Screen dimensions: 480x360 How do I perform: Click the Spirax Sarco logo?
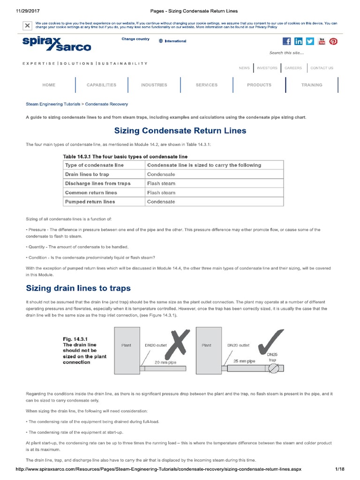tap(57, 44)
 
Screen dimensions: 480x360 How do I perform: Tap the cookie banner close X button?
tap(28, 25)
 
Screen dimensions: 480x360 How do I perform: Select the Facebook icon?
tap(286, 41)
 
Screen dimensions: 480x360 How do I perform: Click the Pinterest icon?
tap(333, 41)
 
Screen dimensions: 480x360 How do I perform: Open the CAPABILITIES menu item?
tap(101, 85)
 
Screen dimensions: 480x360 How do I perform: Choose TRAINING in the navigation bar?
tap(312, 85)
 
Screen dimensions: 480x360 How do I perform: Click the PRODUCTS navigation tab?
tap(259, 85)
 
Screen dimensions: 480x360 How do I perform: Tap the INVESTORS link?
tap(267, 68)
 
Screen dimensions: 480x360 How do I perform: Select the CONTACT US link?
tap(322, 68)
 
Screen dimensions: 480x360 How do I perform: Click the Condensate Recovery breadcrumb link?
tap(106, 104)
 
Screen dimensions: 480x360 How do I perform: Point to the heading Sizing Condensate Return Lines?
tap(180, 131)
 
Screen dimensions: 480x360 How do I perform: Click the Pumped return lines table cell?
tap(90, 202)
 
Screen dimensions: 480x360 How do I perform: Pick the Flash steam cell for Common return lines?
tap(161, 193)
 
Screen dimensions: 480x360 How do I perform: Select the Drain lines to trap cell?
tap(87, 174)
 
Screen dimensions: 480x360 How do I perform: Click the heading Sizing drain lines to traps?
tap(78, 288)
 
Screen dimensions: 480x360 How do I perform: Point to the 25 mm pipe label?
tap(245, 361)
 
